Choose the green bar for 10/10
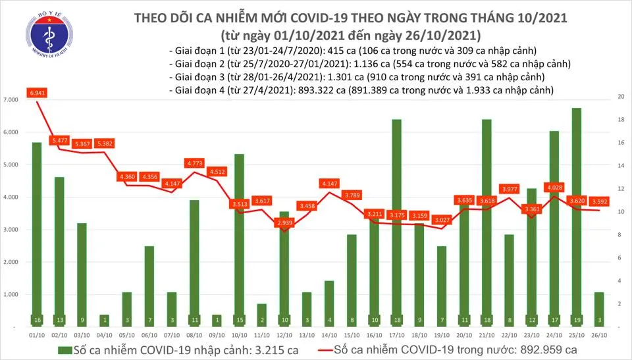click(x=240, y=240)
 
